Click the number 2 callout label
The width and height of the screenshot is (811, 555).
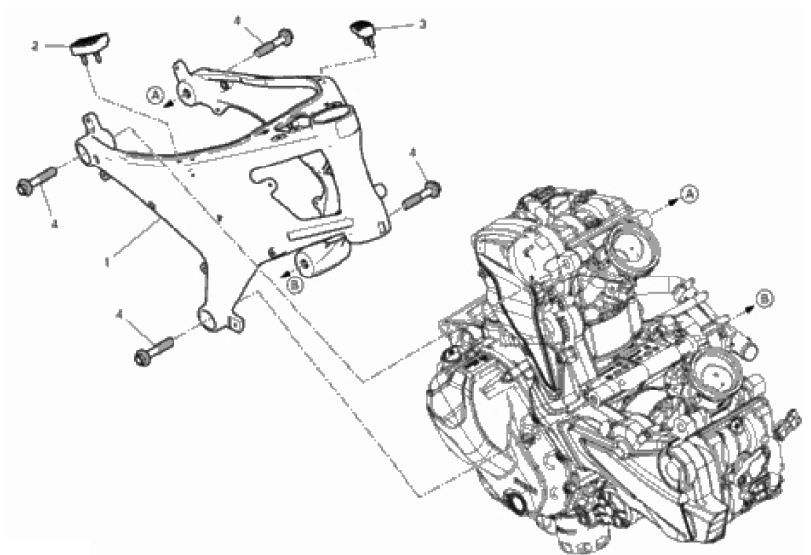pos(35,46)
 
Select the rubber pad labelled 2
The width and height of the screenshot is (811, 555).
pos(90,47)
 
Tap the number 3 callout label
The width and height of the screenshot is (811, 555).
pos(423,24)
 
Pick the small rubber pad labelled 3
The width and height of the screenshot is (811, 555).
pos(364,30)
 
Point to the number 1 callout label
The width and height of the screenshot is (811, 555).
pos(107,263)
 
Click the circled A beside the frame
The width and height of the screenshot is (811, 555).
pos(155,95)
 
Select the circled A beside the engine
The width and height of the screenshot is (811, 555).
pos(690,194)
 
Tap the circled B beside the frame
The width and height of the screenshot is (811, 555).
pos(294,284)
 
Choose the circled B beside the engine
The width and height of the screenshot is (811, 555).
pos(765,299)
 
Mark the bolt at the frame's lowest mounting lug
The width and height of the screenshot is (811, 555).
pos(154,351)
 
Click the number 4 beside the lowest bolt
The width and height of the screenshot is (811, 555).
pos(120,315)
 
